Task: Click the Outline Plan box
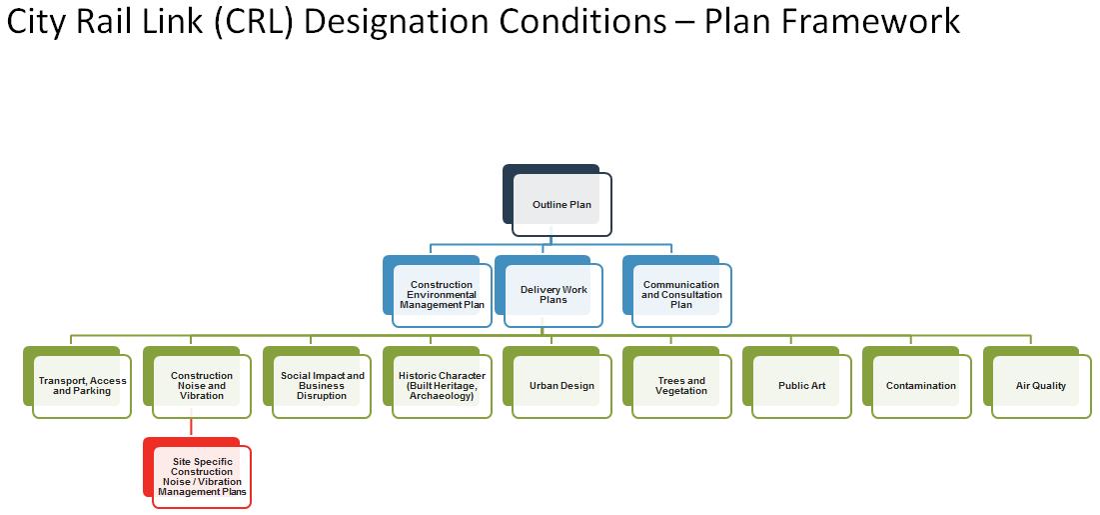point(561,205)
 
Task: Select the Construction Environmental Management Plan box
point(442,295)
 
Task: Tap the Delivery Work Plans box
point(553,295)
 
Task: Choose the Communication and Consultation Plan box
point(681,295)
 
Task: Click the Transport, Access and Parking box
point(82,386)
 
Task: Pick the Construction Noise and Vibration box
point(202,386)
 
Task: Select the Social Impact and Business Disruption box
point(322,386)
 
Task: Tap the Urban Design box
point(561,386)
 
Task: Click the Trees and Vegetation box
point(681,386)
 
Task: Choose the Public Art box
point(801,386)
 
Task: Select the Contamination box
point(921,386)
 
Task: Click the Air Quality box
point(1041,386)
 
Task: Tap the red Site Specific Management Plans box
point(201,477)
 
